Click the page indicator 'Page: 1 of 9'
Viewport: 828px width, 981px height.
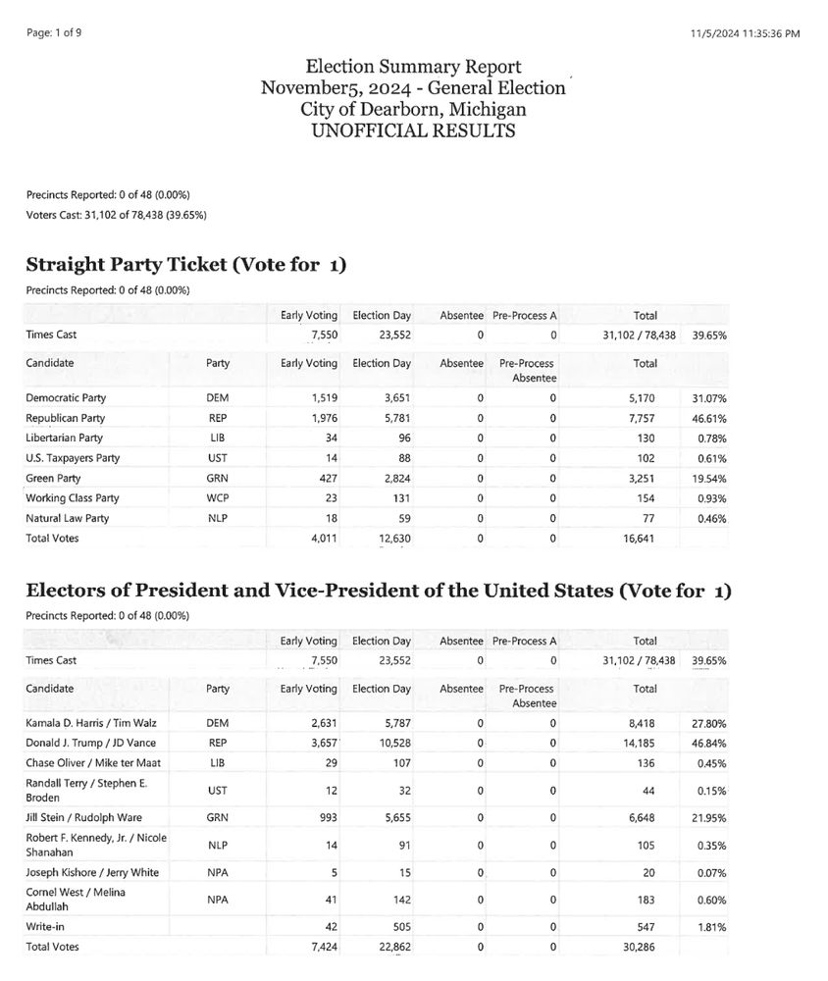55,32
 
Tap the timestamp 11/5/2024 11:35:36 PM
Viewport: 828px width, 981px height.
746,33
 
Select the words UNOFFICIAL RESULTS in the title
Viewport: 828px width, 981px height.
413,130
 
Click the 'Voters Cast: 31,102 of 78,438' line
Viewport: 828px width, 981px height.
116,215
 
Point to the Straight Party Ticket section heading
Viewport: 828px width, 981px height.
185,265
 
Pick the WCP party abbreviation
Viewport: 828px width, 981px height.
218,498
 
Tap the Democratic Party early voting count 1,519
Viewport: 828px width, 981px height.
324,398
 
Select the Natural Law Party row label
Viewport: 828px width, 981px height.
68,518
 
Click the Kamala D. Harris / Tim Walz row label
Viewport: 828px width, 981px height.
80,723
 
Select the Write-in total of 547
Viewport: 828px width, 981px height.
645,925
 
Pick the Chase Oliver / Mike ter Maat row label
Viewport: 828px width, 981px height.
80,762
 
